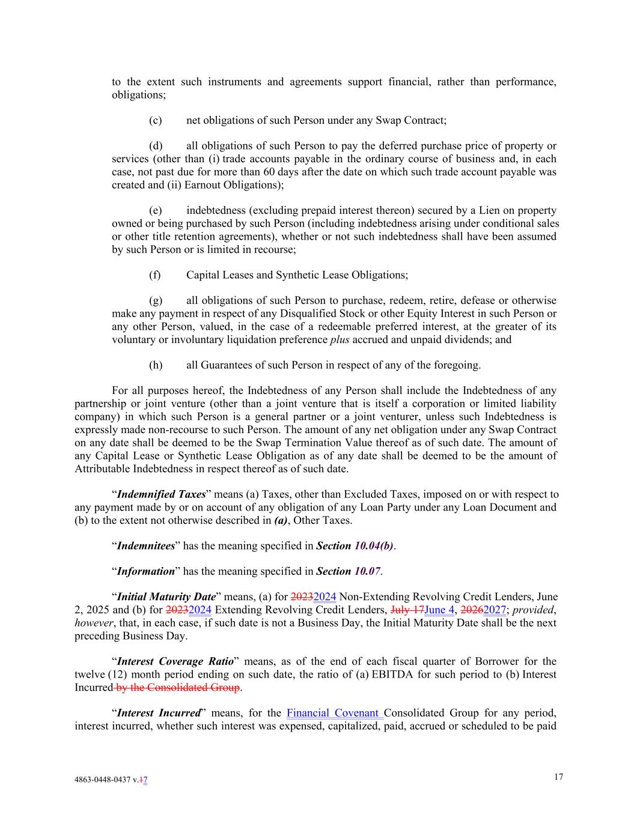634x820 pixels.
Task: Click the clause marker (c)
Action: pyautogui.click(x=155, y=120)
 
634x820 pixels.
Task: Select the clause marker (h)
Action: pyautogui.click(x=155, y=365)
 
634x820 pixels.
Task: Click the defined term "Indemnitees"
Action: pyautogui.click(x=146, y=545)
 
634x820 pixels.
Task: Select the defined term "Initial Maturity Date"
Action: pyautogui.click(x=166, y=597)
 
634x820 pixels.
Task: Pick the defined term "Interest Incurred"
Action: pyautogui.click(x=158, y=713)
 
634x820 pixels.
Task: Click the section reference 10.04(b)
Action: pyautogui.click(x=374, y=545)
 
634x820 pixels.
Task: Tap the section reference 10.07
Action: pyautogui.click(x=367, y=571)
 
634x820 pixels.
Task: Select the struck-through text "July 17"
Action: pyautogui.click(x=407, y=610)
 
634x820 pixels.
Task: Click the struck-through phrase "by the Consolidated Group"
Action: pyautogui.click(x=177, y=687)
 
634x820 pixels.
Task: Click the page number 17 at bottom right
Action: pyautogui.click(x=558, y=777)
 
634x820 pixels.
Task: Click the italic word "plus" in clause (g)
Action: pyautogui.click(x=340, y=339)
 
